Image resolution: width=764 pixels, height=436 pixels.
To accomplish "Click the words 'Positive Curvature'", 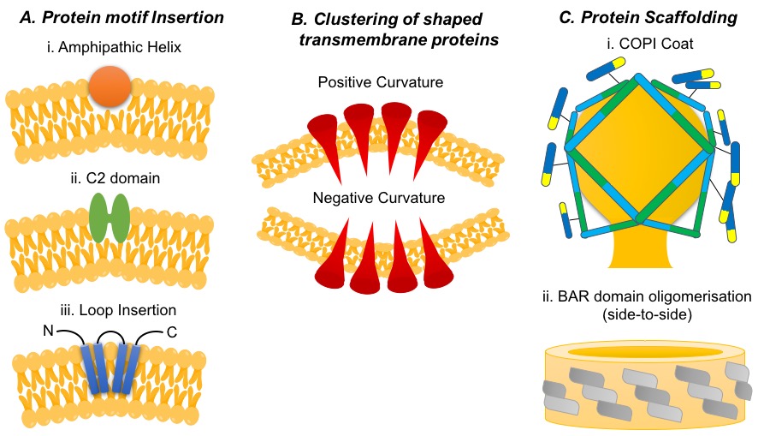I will click(378, 83).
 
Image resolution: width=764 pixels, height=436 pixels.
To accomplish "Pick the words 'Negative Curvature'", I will click(378, 198).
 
